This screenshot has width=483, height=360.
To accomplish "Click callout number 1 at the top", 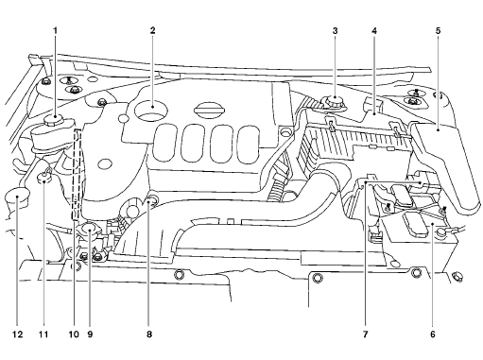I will (x=55, y=29).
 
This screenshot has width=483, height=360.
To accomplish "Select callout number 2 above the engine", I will (x=151, y=29).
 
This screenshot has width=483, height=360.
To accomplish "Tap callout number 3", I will (x=335, y=29).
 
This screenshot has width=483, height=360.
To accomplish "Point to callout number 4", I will (x=374, y=29).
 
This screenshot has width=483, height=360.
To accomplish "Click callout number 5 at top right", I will (x=438, y=29).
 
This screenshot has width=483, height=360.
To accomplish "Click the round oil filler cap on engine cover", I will (x=151, y=104).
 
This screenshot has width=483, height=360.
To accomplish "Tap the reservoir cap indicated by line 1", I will (x=55, y=120).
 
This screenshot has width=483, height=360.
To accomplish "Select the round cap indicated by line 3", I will (x=335, y=101).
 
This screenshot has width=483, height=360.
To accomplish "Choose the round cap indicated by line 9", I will (x=89, y=228).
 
